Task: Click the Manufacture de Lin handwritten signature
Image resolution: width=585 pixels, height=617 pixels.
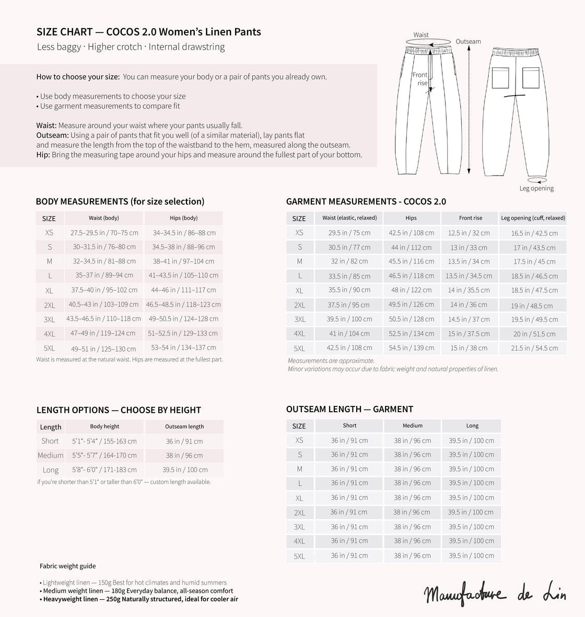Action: click(494, 593)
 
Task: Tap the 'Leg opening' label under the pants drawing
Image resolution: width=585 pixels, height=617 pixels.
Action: click(536, 188)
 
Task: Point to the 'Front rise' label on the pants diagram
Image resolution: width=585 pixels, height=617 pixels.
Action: click(420, 79)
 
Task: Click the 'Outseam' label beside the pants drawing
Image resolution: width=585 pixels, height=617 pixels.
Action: click(468, 41)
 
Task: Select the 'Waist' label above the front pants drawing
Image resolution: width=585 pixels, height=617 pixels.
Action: click(421, 35)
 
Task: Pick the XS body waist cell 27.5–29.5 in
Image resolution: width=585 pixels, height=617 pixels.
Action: click(104, 233)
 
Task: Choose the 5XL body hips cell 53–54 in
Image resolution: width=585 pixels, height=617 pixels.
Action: click(183, 347)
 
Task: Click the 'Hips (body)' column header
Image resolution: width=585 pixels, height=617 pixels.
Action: click(183, 218)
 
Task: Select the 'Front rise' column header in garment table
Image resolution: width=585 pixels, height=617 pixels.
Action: click(470, 218)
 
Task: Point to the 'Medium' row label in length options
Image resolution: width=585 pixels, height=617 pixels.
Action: click(51, 455)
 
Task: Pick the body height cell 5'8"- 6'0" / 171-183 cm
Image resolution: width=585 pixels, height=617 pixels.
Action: click(104, 470)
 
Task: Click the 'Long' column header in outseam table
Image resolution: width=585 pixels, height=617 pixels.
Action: click(472, 426)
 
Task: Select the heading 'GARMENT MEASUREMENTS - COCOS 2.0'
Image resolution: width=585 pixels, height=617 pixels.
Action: click(366, 202)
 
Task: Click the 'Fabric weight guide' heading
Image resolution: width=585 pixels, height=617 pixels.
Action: click(68, 566)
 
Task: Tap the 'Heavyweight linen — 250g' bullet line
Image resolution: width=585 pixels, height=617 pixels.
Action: click(141, 599)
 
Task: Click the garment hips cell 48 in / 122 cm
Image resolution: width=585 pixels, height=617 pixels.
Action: click(411, 290)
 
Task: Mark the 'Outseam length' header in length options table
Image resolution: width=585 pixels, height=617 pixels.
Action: click(184, 426)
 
